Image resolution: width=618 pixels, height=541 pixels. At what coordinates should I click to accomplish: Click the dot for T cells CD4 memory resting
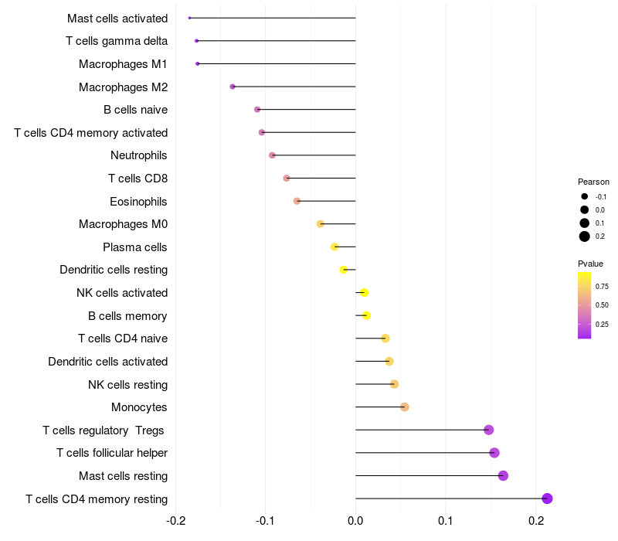coord(548,498)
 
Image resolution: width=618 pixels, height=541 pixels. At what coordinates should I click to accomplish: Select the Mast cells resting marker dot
coord(504,475)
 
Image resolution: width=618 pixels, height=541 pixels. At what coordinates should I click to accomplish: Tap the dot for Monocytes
coord(405,407)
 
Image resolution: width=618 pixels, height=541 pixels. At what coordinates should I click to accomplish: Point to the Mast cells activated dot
coord(189,18)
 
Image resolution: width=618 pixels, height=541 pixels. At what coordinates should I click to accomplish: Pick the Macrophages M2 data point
coord(233,87)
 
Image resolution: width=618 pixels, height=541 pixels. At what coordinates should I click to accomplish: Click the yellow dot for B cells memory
coord(366,315)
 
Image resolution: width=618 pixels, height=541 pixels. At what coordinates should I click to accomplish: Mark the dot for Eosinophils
coord(297,201)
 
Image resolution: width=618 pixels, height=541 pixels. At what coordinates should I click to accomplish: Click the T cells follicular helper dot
coord(494,453)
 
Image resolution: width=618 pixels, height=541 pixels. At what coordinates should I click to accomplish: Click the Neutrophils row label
coord(139,155)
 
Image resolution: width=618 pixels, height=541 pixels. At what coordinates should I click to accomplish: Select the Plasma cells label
coord(135,247)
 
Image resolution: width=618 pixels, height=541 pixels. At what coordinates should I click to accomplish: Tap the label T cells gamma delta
coord(117,41)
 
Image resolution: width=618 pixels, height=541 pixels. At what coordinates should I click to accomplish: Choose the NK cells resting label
coord(128,384)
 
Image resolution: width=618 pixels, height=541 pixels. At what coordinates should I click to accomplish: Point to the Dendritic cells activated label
coord(108,362)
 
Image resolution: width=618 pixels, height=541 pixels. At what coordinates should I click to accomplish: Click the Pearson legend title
coord(593,182)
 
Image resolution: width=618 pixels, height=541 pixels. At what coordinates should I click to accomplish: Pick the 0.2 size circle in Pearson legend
coord(585,236)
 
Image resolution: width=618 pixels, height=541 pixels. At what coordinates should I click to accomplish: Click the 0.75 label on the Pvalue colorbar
coord(603,286)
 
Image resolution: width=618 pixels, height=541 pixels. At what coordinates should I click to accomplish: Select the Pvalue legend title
coord(591,264)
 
